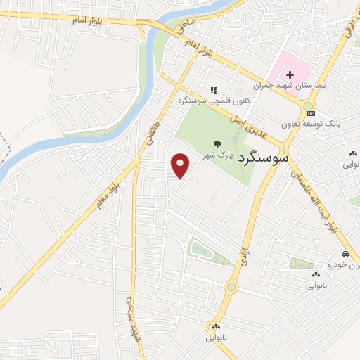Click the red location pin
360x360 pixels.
click(x=181, y=165)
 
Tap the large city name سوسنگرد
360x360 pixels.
click(x=264, y=158)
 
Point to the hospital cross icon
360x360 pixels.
click(x=289, y=74)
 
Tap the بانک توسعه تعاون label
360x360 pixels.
click(x=310, y=124)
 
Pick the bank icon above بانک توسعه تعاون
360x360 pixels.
click(x=311, y=113)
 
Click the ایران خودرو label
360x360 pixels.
click(x=344, y=265)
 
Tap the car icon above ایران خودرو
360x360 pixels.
click(x=345, y=254)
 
